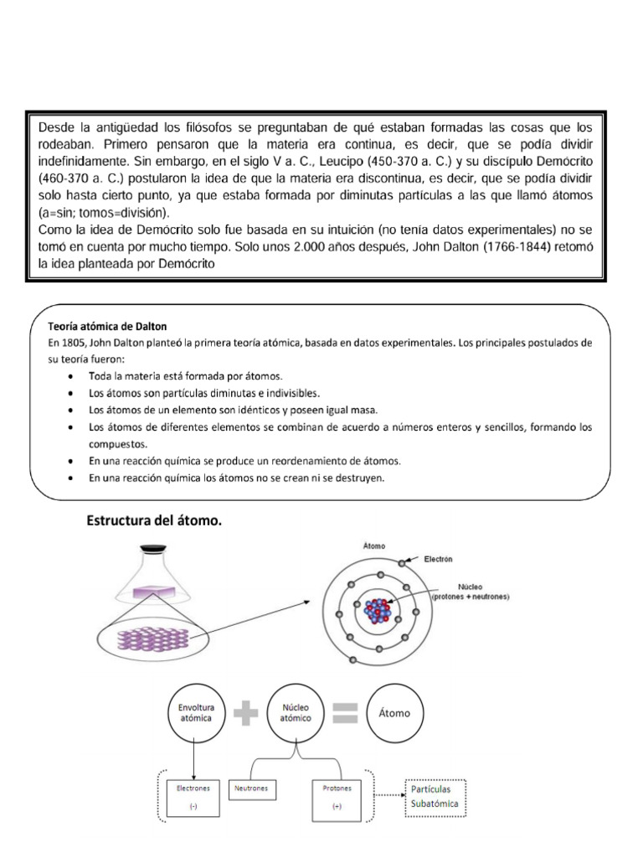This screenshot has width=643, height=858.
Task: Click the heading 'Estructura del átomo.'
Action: pyautogui.click(x=154, y=521)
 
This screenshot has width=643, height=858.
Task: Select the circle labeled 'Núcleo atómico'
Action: pyautogui.click(x=295, y=713)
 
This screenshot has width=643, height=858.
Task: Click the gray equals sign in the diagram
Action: pyautogui.click(x=344, y=713)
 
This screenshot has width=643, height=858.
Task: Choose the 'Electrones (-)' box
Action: pyautogui.click(x=194, y=798)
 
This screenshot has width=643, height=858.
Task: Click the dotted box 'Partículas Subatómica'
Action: pyautogui.click(x=435, y=797)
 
